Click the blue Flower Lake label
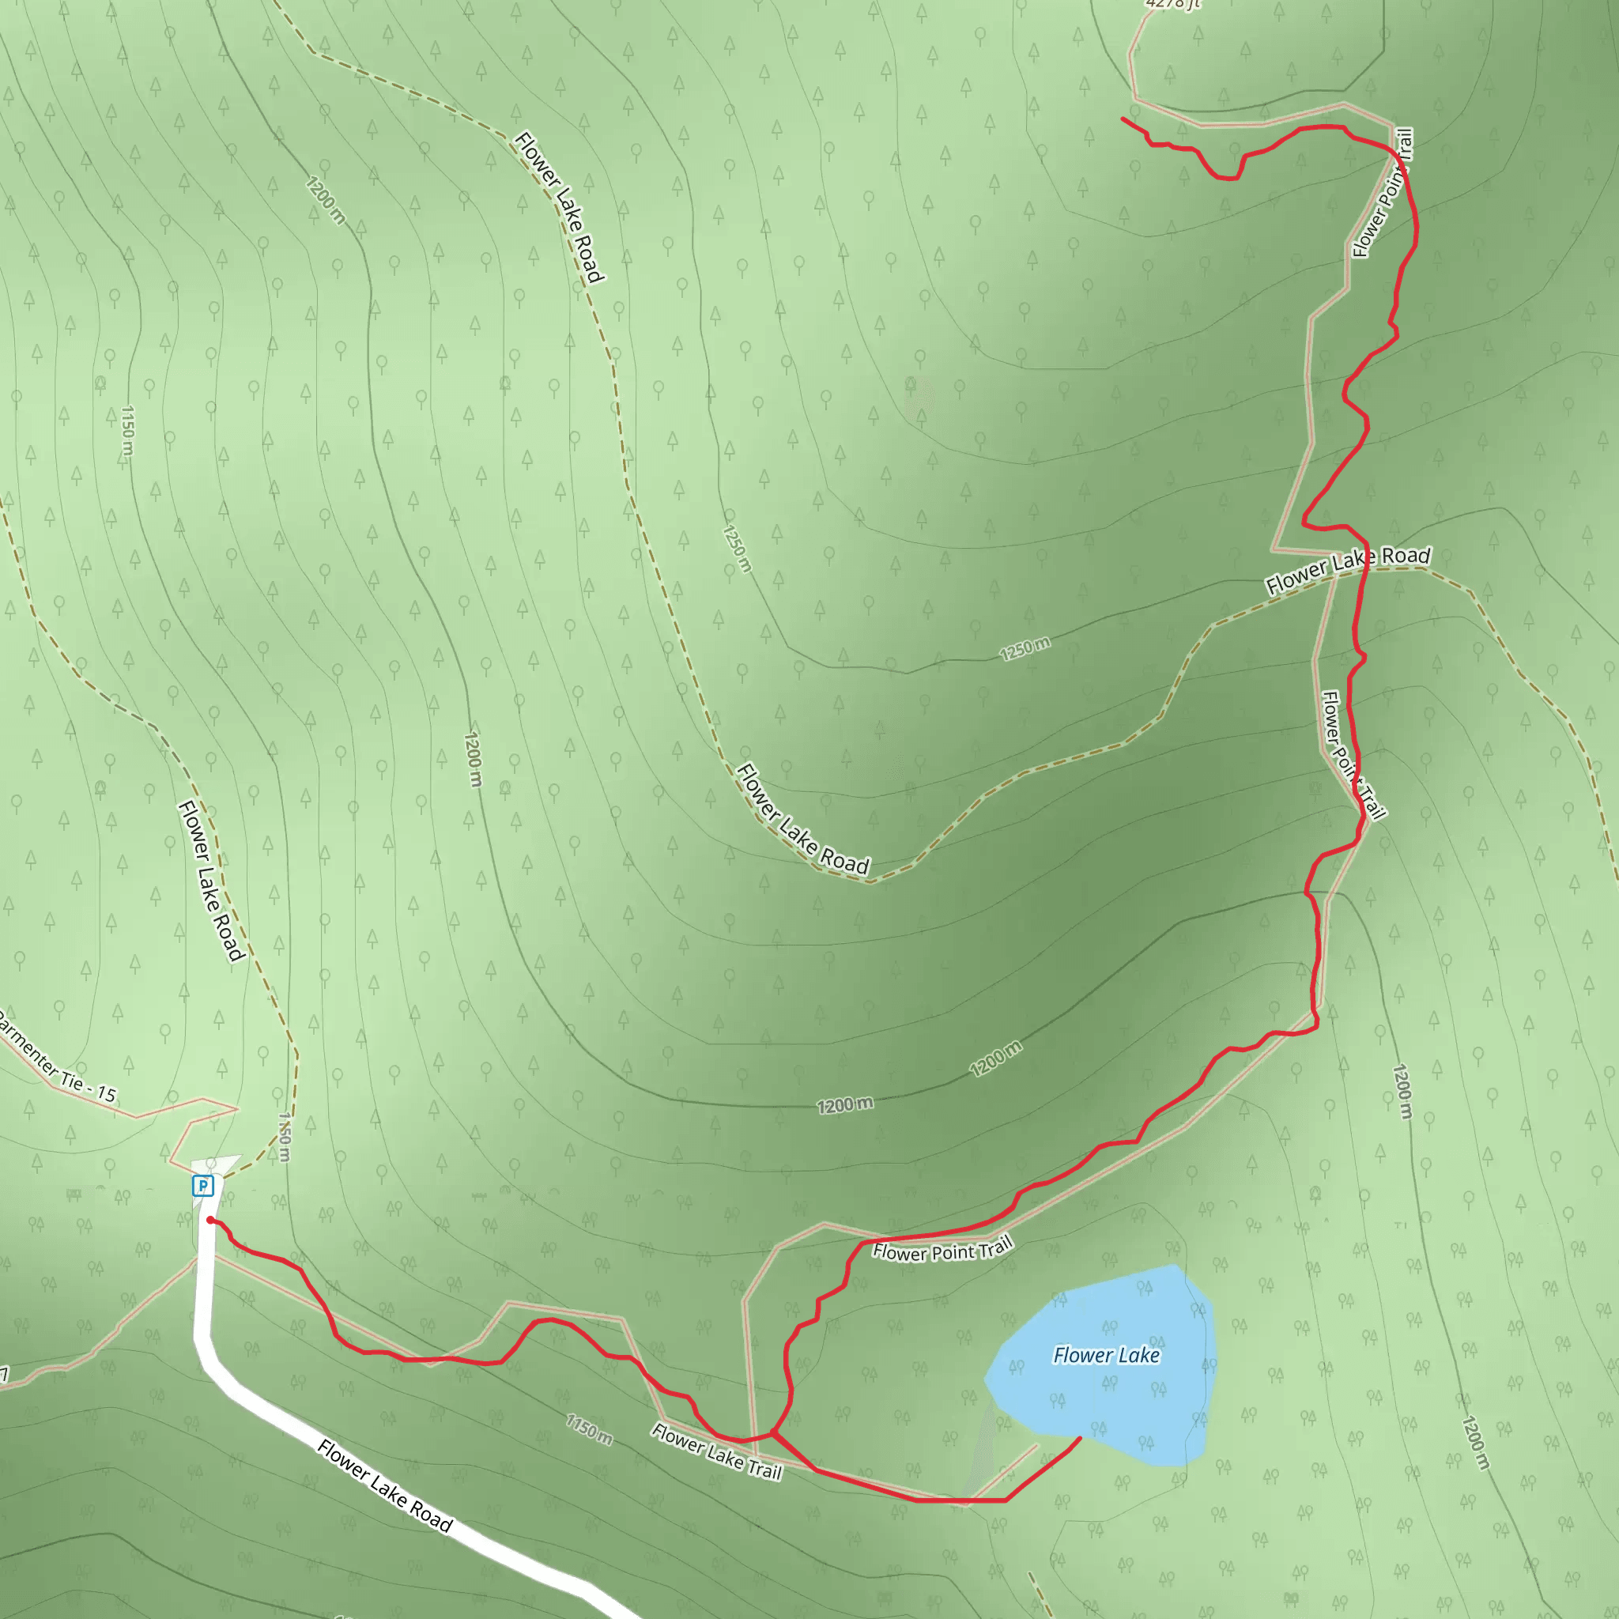click(x=1106, y=1355)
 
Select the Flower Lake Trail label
click(x=716, y=1451)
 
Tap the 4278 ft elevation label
click(x=1172, y=3)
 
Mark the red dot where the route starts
click(x=209, y=1220)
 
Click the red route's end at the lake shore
click(x=1079, y=1438)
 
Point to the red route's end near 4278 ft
click(x=1123, y=119)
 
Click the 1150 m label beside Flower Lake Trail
click(x=589, y=1429)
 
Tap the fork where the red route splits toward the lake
click(x=772, y=1433)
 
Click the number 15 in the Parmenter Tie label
click(x=106, y=1093)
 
